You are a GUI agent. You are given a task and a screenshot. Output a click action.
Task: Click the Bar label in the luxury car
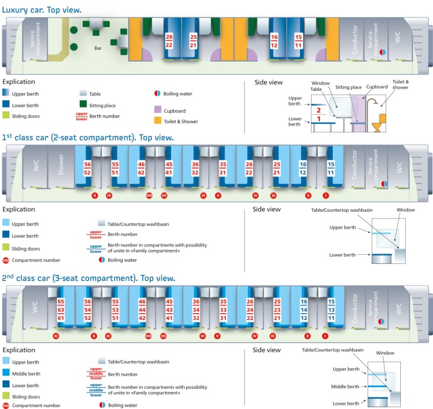click(x=97, y=47)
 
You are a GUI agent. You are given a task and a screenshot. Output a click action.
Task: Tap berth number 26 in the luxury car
click(x=169, y=36)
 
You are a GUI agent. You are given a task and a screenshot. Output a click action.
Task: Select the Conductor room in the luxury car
click(x=355, y=40)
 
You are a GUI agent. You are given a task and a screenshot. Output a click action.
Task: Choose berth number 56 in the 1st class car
click(x=87, y=165)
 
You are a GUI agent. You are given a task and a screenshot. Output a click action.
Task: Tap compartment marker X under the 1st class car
click(x=94, y=196)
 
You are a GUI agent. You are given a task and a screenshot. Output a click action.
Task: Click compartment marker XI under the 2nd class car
click(x=55, y=336)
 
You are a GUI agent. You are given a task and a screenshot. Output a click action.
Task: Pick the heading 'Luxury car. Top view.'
click(x=42, y=10)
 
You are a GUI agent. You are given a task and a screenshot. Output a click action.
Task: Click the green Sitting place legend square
click(x=84, y=104)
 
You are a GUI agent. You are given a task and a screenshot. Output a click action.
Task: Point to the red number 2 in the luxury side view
click(x=318, y=110)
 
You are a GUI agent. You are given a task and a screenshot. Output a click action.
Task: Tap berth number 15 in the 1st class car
click(x=330, y=165)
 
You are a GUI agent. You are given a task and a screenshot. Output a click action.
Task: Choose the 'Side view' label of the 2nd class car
click(x=267, y=350)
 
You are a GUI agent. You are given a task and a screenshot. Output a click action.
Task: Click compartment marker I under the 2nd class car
click(x=326, y=336)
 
